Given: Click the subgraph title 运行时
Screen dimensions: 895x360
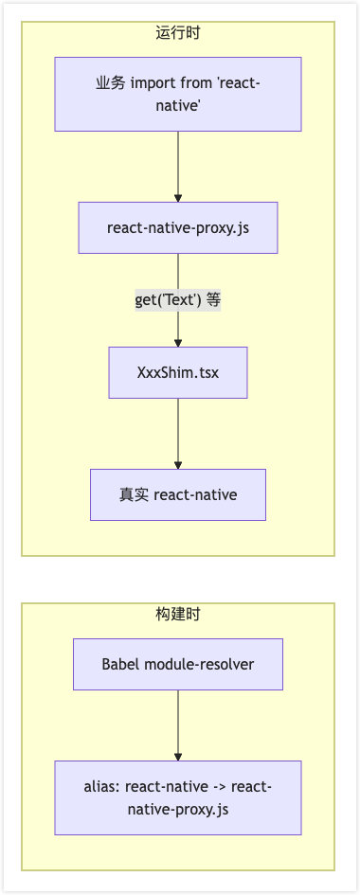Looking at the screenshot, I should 178,33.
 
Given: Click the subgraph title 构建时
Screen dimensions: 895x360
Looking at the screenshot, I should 178,615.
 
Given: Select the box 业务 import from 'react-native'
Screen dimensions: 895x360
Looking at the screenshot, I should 178,94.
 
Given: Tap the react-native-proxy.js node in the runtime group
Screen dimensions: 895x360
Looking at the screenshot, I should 178,227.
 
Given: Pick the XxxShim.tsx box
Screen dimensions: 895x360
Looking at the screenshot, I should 178,372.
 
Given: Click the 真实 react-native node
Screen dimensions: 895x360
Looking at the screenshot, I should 178,494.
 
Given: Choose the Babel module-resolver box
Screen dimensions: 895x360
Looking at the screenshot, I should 178,664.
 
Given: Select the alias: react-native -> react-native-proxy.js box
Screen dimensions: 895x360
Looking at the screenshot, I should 178,797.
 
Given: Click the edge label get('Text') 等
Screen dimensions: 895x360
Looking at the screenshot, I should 178,300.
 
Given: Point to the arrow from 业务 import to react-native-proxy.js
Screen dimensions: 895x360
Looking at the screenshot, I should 178,166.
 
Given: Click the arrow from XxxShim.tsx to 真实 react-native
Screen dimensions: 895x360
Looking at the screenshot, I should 178,433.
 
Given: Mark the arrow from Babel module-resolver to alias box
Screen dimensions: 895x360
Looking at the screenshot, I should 178,725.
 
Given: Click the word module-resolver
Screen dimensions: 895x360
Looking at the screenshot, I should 200,664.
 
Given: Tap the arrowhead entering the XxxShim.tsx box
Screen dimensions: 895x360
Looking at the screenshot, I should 178,343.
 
